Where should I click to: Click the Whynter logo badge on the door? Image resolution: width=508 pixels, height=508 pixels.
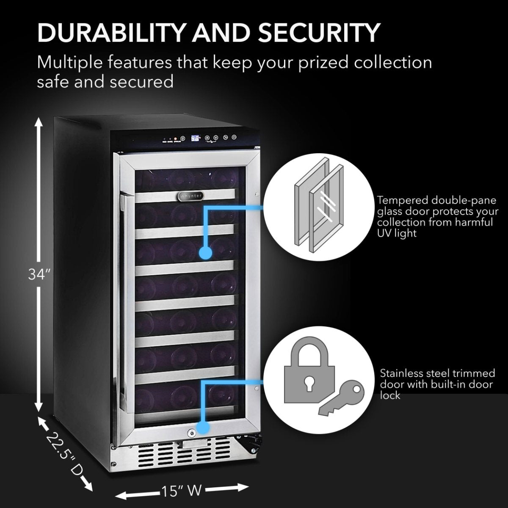[189, 196]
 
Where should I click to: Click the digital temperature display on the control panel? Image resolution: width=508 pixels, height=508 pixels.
[195, 138]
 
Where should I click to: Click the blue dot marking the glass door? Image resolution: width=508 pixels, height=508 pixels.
[205, 253]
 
